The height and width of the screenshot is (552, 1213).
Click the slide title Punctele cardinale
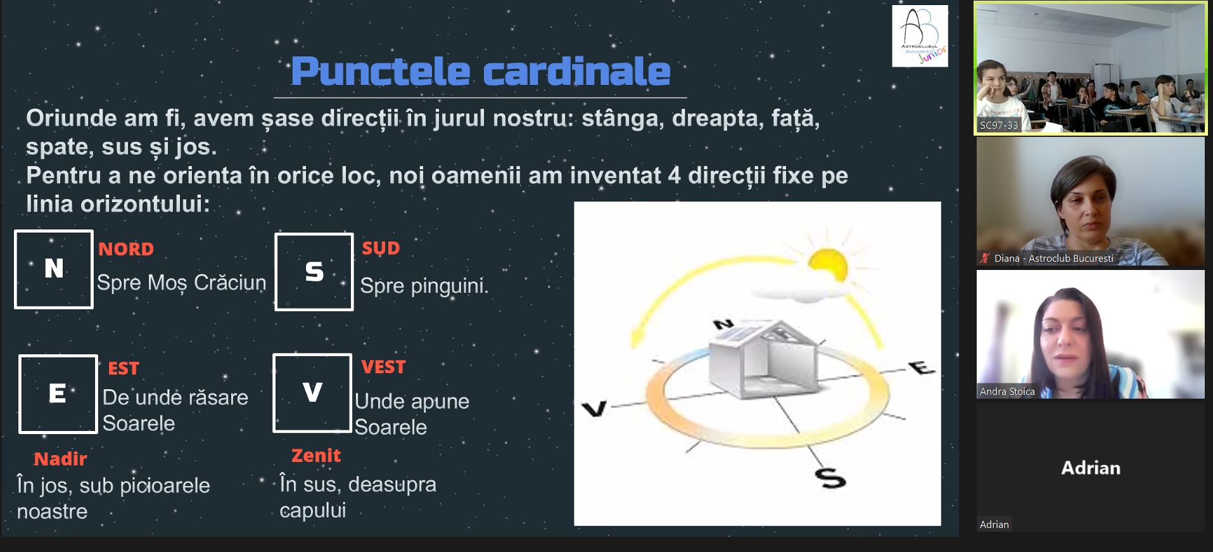(481, 71)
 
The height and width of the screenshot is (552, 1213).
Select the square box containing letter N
(54, 269)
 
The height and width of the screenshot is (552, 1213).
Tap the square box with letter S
(314, 272)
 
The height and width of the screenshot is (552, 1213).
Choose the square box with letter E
(58, 394)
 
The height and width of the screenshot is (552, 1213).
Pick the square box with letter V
(312, 393)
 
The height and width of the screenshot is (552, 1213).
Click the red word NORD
(126, 249)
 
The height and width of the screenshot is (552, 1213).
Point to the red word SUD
(381, 248)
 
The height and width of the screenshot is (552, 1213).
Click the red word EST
(124, 368)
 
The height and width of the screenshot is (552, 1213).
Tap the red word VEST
(383, 367)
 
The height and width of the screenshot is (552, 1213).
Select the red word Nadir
(60, 459)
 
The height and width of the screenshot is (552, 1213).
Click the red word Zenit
(316, 455)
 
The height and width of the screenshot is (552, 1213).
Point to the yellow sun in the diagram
(827, 267)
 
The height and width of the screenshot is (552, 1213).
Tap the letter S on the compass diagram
(831, 477)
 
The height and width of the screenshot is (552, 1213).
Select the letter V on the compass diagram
(594, 409)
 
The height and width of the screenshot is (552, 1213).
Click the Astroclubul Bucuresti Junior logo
(920, 36)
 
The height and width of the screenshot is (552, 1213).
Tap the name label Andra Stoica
(1007, 392)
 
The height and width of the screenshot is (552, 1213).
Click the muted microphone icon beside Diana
(985, 258)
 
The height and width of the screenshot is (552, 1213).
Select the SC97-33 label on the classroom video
(999, 125)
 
